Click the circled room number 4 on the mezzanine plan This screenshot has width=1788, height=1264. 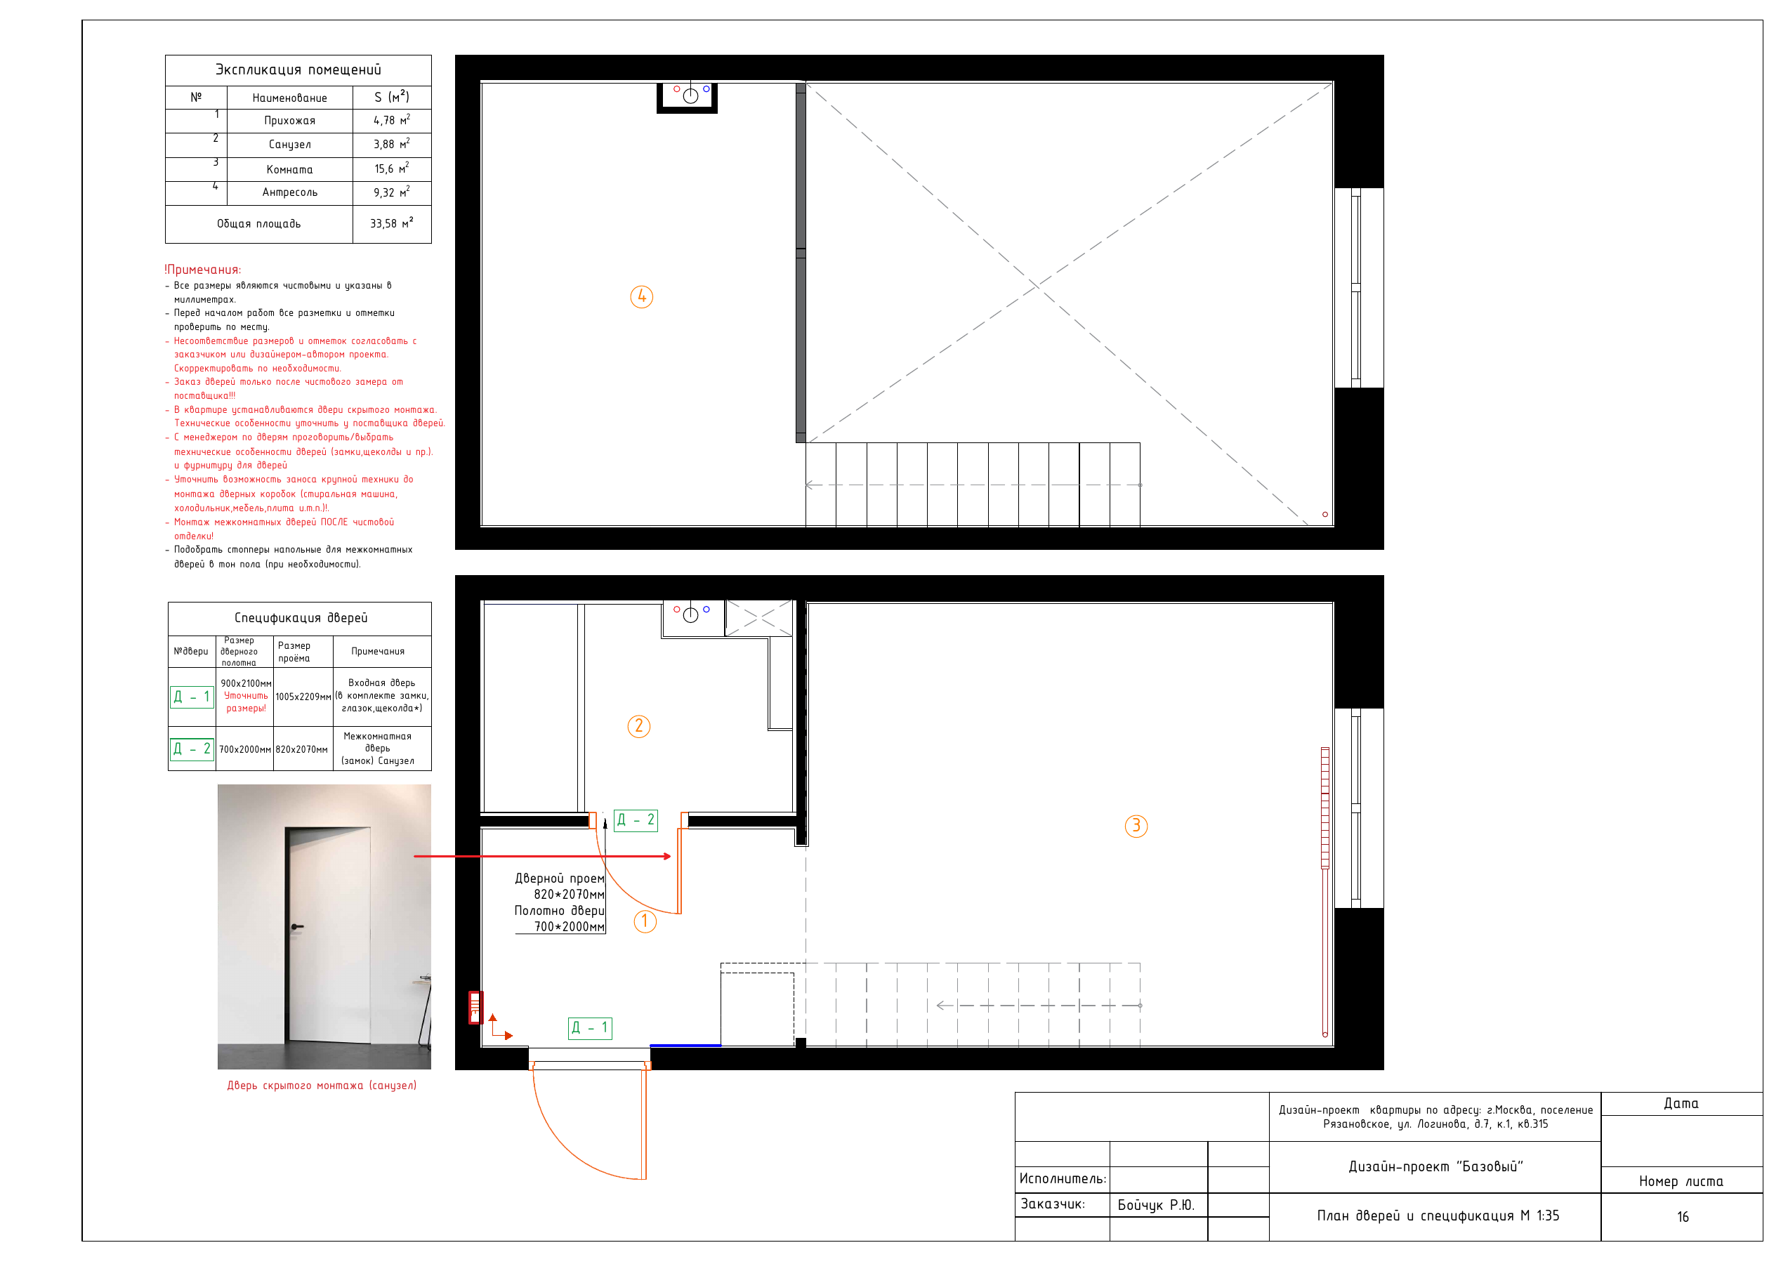tap(641, 297)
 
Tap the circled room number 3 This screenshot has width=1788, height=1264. tap(1136, 826)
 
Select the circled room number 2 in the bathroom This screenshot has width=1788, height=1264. tap(638, 727)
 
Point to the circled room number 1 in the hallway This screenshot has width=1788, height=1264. tap(645, 921)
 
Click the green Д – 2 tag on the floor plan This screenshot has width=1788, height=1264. tap(636, 820)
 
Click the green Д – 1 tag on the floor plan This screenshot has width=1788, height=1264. tap(591, 1028)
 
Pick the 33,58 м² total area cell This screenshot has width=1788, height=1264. tap(392, 223)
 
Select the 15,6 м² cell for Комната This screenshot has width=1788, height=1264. tap(392, 169)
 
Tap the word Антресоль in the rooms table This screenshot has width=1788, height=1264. tap(290, 192)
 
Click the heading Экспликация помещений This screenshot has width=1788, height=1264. tap(298, 70)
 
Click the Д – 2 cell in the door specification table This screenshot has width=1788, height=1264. tap(192, 749)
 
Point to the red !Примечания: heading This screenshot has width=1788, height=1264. tap(202, 270)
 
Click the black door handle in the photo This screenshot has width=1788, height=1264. tap(296, 927)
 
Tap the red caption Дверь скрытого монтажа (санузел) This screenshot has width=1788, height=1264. tap(322, 1086)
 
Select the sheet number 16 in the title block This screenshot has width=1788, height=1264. tap(1683, 1217)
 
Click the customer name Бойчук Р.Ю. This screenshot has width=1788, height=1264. tap(1156, 1206)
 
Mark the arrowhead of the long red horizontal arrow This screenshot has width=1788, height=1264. tap(667, 857)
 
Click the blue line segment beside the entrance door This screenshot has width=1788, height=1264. tap(685, 1045)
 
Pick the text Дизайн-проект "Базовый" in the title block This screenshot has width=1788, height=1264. tap(1435, 1166)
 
